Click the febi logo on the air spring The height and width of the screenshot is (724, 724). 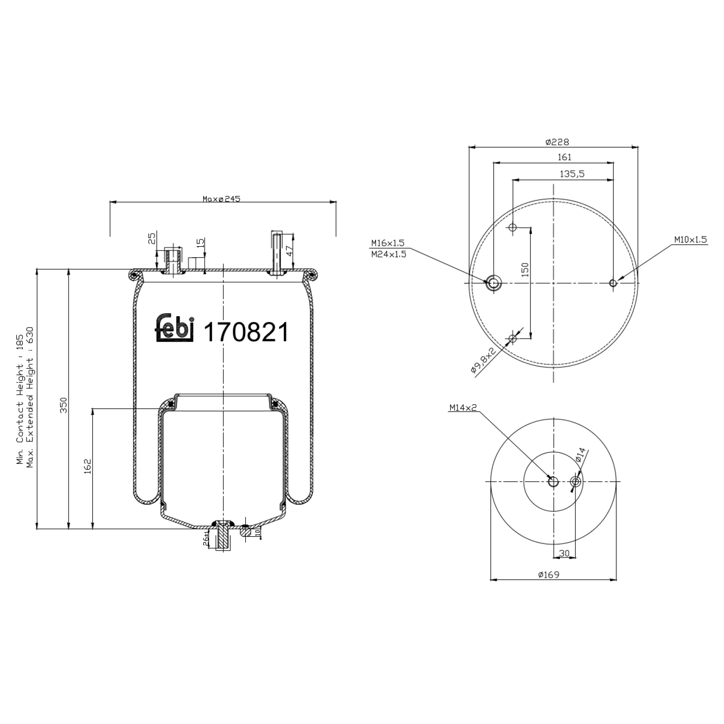(175, 329)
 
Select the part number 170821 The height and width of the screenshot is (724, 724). (246, 332)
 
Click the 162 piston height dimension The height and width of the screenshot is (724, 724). (87, 466)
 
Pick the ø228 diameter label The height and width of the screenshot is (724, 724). (557, 142)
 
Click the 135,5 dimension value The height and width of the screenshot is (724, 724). (572, 174)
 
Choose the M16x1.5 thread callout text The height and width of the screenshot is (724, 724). (388, 243)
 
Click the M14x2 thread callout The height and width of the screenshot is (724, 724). (463, 407)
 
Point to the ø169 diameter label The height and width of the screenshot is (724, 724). (548, 574)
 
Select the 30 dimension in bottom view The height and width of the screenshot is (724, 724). (564, 553)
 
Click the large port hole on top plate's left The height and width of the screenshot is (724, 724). (493, 283)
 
